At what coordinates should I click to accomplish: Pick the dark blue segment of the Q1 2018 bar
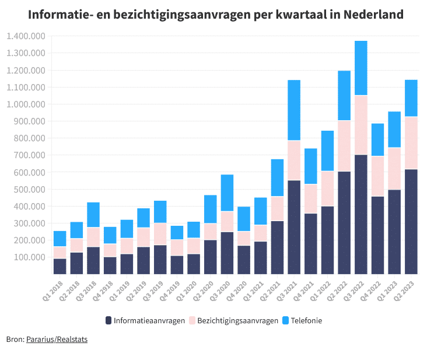coord(60,266)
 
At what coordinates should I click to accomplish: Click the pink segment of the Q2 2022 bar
coord(344,146)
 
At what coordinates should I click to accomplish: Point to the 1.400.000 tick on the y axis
coord(26,36)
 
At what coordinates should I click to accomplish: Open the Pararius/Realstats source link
coord(57,339)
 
